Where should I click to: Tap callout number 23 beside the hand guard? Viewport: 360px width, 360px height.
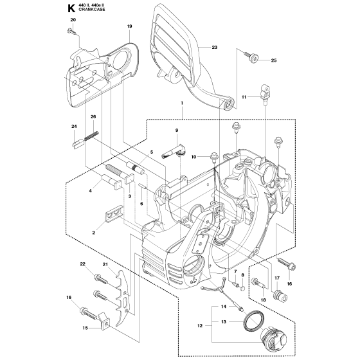(214, 48)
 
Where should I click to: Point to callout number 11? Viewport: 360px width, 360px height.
(244, 96)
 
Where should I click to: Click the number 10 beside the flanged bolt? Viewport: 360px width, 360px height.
(175, 156)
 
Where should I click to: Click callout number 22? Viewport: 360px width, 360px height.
(83, 264)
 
